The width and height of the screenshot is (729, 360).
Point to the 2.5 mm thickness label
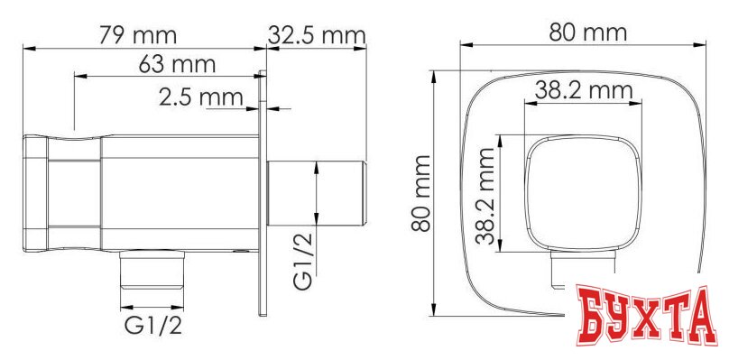(198, 96)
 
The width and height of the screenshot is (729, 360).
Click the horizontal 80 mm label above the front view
(587, 32)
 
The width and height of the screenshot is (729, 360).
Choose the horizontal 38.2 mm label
(583, 90)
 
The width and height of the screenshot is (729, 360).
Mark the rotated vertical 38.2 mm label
(487, 195)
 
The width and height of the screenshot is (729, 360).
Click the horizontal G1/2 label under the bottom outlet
(153, 324)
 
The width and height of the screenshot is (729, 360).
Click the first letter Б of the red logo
(591, 318)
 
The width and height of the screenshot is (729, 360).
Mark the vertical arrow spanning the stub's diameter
(318, 193)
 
